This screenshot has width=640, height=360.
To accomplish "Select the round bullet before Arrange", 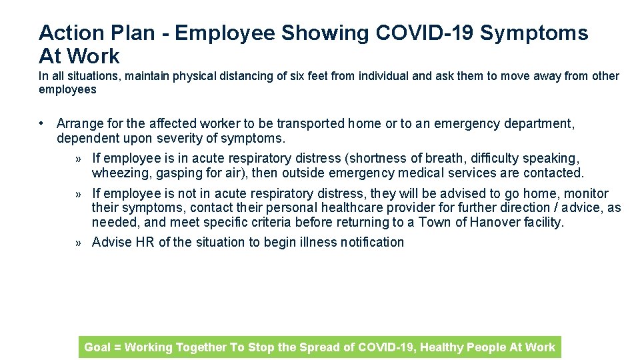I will click(42, 123).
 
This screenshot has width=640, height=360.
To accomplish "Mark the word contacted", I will click(553, 173).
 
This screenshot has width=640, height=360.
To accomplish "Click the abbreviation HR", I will click(145, 242).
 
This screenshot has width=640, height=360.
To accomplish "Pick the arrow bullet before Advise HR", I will click(79, 243).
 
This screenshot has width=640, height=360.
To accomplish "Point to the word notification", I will click(372, 242).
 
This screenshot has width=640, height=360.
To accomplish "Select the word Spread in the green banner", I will click(327, 347).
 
